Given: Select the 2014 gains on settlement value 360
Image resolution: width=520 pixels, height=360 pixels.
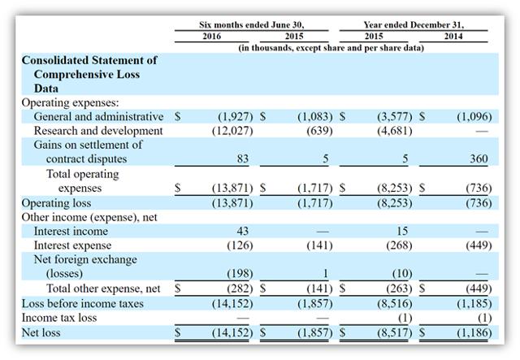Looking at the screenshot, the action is pyautogui.click(x=479, y=158).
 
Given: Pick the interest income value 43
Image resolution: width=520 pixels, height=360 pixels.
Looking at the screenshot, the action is pyautogui.click(x=243, y=231).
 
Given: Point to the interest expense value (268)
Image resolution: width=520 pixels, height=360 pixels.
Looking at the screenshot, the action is pyautogui.click(x=399, y=245).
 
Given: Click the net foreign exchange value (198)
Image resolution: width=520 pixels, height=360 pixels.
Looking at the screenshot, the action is pyautogui.click(x=240, y=273).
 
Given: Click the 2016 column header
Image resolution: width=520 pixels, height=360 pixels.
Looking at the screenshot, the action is pyautogui.click(x=211, y=36).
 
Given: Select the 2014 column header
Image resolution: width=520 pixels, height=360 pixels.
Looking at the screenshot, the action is pyautogui.click(x=453, y=36).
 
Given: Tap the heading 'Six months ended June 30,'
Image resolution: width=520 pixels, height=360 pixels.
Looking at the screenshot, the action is pyautogui.click(x=252, y=25).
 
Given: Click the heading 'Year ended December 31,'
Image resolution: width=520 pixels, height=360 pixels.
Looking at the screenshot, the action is pyautogui.click(x=414, y=25).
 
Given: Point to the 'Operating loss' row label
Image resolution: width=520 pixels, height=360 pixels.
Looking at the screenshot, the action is pyautogui.click(x=56, y=202).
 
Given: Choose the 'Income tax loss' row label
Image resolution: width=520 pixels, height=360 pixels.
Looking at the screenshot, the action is pyautogui.click(x=59, y=318).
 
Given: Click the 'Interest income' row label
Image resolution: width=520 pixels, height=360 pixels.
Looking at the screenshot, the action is pyautogui.click(x=71, y=231).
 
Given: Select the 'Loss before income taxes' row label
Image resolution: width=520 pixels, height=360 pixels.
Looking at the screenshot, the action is pyautogui.click(x=83, y=303).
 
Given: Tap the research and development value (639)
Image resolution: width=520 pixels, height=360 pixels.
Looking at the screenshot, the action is pyautogui.click(x=319, y=131).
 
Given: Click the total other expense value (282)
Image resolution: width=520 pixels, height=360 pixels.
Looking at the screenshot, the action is pyautogui.click(x=240, y=288).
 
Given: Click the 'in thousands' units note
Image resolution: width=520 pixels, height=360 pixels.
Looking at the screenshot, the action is pyautogui.click(x=331, y=48).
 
